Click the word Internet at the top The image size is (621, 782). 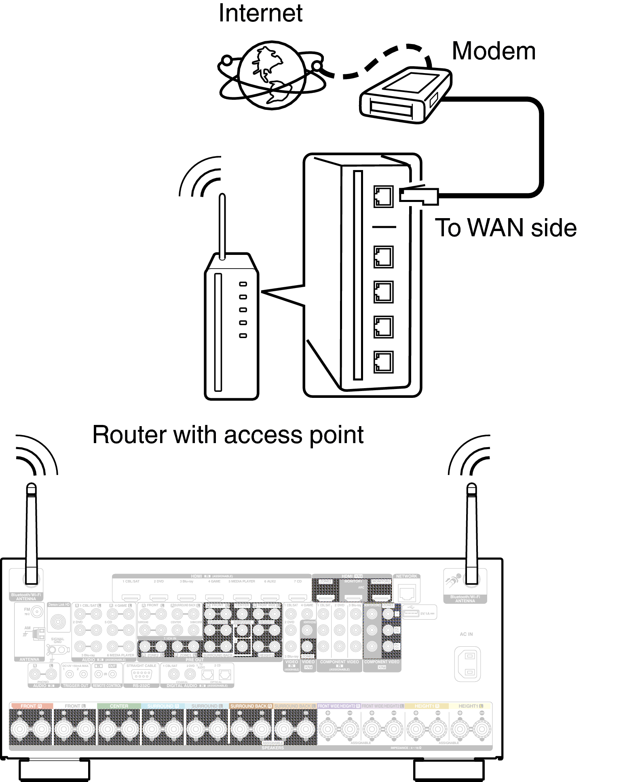point(260,14)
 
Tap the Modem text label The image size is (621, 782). point(493,51)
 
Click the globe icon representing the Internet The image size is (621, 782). point(272,76)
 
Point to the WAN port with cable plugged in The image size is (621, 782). point(383,197)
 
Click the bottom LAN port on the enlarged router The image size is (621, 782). point(383,362)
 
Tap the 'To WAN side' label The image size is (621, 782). point(505,228)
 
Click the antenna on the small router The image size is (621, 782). point(222,226)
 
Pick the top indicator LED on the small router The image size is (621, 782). point(243,284)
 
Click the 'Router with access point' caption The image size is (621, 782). point(228,435)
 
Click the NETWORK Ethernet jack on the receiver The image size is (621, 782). point(407,593)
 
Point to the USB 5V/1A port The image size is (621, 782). point(411,614)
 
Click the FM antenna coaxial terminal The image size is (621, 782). point(37,612)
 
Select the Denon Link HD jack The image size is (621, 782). point(58,621)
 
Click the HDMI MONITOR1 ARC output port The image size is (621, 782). point(353,597)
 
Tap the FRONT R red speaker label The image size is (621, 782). point(31,706)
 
